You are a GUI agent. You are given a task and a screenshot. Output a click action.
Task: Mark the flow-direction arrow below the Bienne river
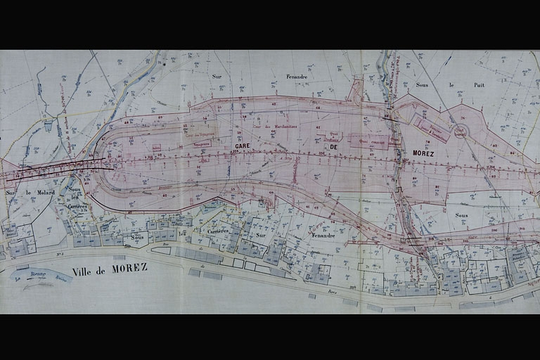[35, 285]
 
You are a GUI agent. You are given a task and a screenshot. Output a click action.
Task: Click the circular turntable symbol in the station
[461, 131]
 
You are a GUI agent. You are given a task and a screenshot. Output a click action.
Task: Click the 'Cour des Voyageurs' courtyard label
[200, 129]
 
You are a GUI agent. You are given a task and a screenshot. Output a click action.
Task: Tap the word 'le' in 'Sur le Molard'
[26, 192]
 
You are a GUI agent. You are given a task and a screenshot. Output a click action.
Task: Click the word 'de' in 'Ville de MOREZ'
[103, 270]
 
